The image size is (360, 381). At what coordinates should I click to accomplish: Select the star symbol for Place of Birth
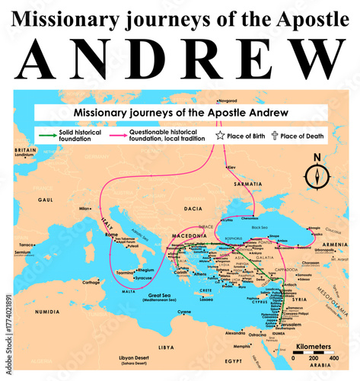[x=220, y=136]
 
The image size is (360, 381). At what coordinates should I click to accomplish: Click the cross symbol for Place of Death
[x=274, y=136]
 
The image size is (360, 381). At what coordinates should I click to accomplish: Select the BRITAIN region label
[x=26, y=151]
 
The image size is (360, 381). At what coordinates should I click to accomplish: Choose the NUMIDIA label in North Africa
[x=44, y=311]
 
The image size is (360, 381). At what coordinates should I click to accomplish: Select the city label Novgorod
[x=228, y=100]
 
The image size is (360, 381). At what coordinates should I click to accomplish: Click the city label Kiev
[x=232, y=166]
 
